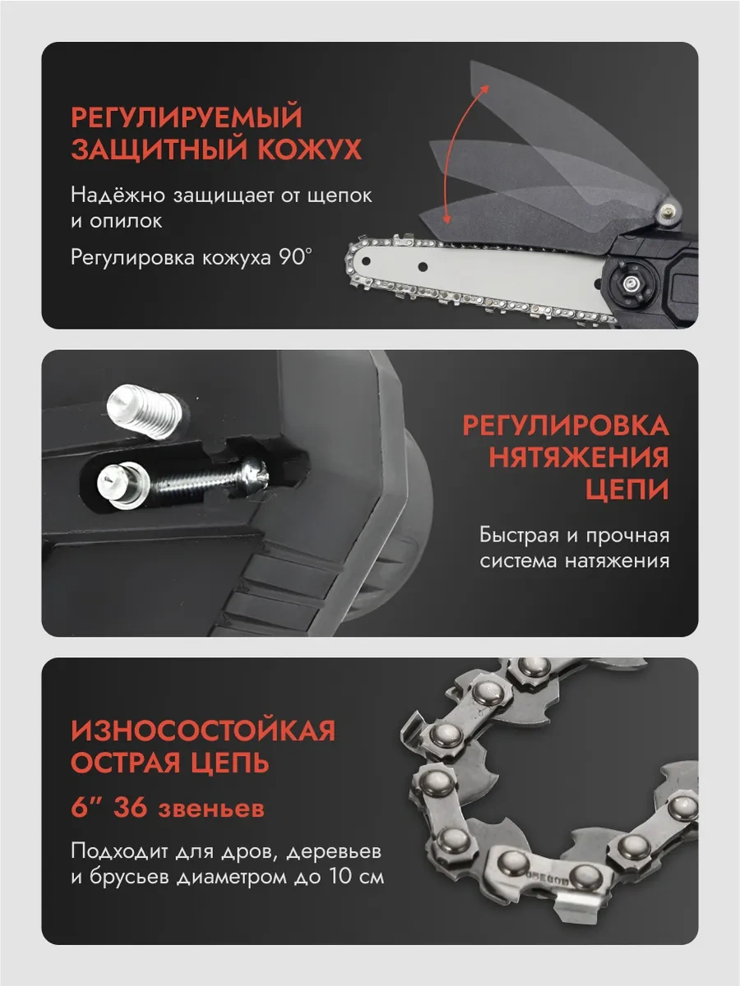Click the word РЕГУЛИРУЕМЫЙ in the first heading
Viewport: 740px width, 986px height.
(187, 117)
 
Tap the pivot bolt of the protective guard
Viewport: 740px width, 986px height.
(667, 209)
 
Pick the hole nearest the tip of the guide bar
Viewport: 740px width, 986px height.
(366, 261)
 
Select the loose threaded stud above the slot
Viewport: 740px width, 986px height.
(144, 411)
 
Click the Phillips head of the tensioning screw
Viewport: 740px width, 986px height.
(255, 474)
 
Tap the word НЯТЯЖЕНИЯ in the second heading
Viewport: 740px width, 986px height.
(579, 458)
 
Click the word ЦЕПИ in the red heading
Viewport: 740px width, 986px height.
(627, 489)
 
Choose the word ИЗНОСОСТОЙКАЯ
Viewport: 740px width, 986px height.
(204, 730)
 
